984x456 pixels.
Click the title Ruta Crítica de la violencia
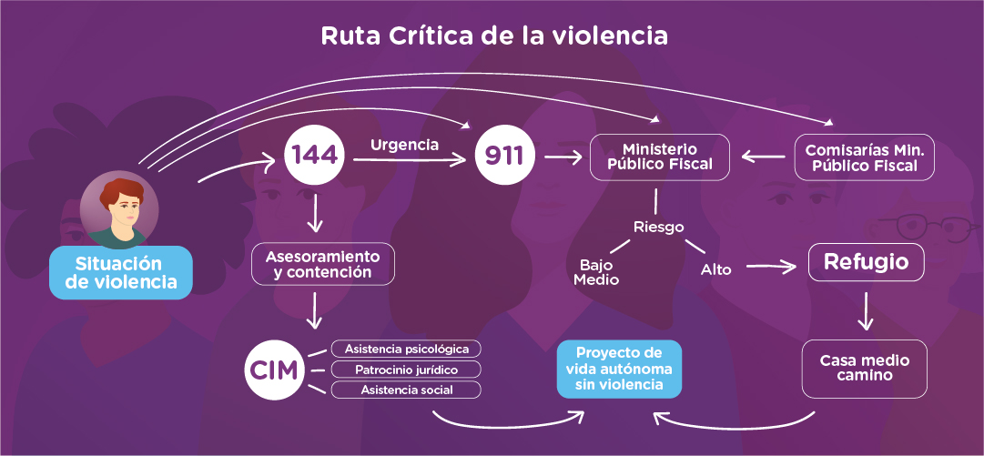pos(494,36)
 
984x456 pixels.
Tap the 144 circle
pos(314,157)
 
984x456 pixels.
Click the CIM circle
pos(273,370)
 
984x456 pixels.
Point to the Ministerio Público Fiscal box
pos(660,157)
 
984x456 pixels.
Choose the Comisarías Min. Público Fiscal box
pos(866,157)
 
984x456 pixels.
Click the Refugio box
pos(866,262)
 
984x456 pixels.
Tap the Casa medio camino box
pos(864,369)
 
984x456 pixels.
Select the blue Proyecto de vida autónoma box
pos(619,369)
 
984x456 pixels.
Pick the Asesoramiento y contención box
pos(323,264)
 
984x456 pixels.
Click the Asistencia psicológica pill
pos(406,349)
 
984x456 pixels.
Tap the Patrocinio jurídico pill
pos(406,370)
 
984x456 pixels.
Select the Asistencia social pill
pos(406,390)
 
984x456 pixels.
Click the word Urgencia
pos(404,144)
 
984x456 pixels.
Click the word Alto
pos(716,269)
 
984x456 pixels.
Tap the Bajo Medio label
pos(596,272)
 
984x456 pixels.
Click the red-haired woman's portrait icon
pos(118,212)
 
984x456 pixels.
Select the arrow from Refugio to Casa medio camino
pos(866,312)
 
